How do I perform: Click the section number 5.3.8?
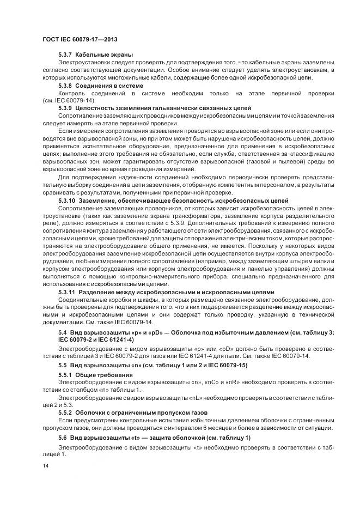pyautogui.click(x=65, y=86)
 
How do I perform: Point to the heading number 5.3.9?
pyautogui.click(x=65, y=109)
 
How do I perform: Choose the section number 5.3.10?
pyautogui.click(x=67, y=201)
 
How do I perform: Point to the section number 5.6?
pyautogui.click(x=62, y=439)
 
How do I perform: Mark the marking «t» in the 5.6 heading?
pyautogui.click(x=132, y=439)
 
